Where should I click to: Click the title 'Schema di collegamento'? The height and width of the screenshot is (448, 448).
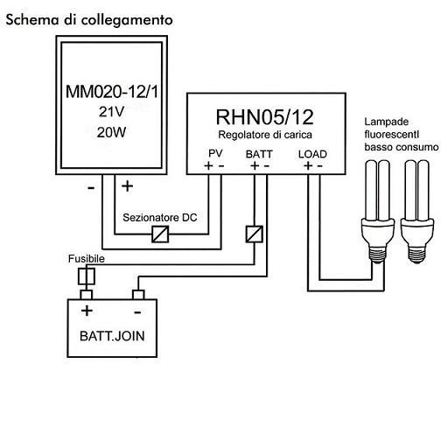coord(89,20)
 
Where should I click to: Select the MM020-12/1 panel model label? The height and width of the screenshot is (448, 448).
coord(112,92)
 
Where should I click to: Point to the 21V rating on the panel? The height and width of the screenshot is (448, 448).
coord(111,112)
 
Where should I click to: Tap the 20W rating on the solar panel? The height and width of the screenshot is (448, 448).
coord(111,132)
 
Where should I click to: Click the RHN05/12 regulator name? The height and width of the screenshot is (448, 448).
coord(264,117)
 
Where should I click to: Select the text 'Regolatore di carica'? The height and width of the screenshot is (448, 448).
coord(265,135)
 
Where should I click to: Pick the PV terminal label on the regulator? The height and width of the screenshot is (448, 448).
coord(215,153)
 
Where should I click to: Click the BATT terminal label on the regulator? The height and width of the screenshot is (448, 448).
coord(259,154)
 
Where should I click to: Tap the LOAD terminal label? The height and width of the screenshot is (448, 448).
coord(312,154)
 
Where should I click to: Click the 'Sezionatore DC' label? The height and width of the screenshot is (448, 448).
coord(160,218)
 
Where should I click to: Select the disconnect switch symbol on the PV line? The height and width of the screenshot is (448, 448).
coord(160,234)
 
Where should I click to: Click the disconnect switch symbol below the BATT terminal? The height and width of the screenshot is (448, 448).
coord(255,234)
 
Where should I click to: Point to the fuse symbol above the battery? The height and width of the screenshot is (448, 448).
coord(87,276)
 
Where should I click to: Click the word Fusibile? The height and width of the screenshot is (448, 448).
coord(87,259)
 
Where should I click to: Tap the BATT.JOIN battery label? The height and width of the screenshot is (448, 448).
coord(112,336)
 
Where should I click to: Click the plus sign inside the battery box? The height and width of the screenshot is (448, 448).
coord(87,311)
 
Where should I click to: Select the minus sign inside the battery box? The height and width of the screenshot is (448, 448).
coord(137,312)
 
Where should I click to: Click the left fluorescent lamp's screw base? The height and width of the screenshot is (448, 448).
coord(378,253)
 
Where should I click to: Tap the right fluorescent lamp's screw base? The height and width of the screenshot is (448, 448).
coord(416,254)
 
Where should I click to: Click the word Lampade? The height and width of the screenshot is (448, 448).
coord(387,122)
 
